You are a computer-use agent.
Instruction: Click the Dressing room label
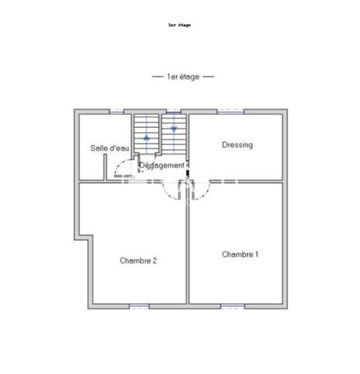pos(237,145)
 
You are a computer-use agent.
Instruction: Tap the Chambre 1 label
pos(240,254)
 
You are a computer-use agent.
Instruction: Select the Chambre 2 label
pos(138,260)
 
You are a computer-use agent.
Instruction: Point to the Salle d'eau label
pos(110,148)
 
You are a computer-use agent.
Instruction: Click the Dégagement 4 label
pos(164,165)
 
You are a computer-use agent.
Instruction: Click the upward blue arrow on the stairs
pos(146,137)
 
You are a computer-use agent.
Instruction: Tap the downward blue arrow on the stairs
pos(174,129)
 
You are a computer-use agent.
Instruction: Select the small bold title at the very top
pos(179,25)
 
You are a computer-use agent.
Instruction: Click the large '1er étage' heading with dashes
pos(183,76)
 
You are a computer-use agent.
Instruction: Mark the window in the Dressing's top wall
pos(231,111)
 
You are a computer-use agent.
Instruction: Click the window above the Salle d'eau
pos(116,111)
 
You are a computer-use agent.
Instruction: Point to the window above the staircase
pos(174,111)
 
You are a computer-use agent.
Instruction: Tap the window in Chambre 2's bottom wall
pos(139,306)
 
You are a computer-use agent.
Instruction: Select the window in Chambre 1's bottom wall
pos(233,306)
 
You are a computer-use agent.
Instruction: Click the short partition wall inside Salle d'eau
pos(105,167)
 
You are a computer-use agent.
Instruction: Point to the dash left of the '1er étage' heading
pos(157,76)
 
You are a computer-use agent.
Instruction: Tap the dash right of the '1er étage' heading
pos(209,76)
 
